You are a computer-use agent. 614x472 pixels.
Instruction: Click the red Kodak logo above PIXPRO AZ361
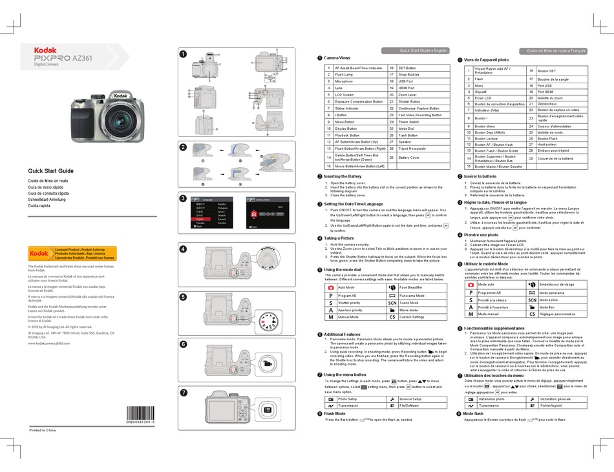46,50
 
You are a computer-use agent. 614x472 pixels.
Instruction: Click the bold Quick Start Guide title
50,170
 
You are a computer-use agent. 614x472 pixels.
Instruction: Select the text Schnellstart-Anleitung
50,200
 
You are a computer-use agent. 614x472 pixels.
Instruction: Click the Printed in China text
44,430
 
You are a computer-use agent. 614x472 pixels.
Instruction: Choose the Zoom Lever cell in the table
408,95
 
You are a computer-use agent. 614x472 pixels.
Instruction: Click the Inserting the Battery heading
343,176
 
